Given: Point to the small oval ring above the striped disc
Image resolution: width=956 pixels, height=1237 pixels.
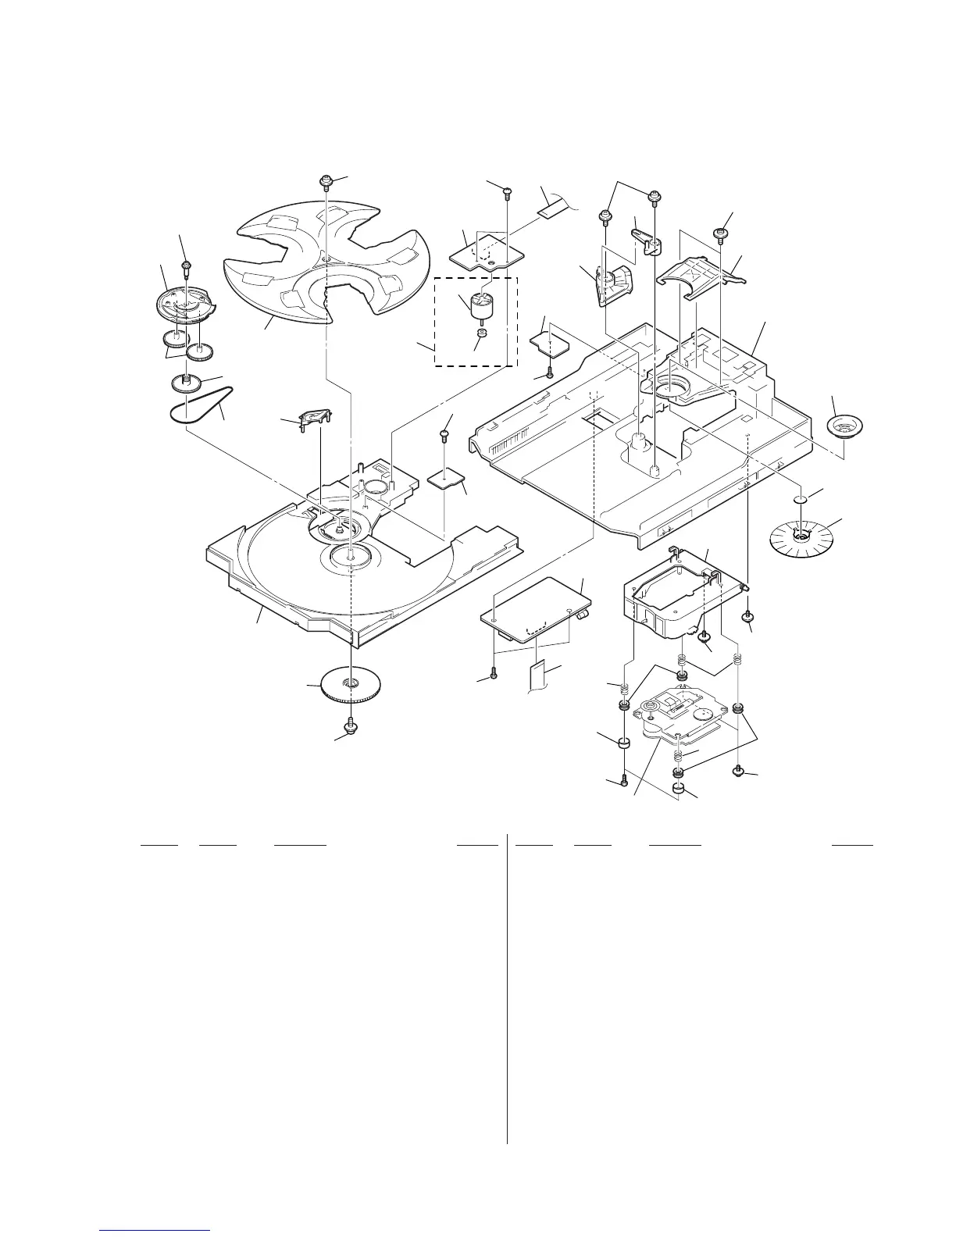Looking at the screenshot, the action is coord(799,500).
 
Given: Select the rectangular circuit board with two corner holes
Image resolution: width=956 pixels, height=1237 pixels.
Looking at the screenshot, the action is coord(536,604).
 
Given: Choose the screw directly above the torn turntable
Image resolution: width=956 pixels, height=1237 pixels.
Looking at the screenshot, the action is coord(326,182).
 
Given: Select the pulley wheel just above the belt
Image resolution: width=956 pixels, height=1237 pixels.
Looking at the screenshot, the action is coord(186,383).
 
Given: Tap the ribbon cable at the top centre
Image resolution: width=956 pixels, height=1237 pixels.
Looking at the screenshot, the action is coord(556,205).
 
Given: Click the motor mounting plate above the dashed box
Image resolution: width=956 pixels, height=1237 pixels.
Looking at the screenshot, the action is coord(482,251).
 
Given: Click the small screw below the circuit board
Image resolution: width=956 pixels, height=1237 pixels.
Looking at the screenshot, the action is coord(494,672).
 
